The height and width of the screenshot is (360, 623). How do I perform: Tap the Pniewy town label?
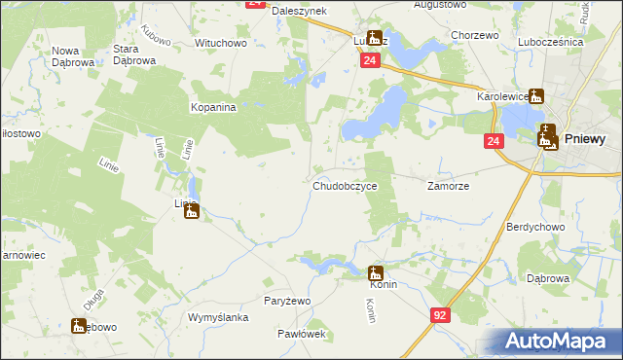[x=584, y=139]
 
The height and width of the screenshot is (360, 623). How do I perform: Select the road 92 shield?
[x=441, y=315]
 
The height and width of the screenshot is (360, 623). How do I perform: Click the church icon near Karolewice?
[x=535, y=96]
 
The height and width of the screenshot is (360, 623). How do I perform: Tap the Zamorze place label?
[x=449, y=185]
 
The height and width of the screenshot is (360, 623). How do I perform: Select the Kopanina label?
[x=213, y=108]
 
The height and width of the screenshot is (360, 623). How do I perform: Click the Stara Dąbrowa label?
[x=134, y=54]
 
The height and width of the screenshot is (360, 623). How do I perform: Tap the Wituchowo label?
[x=221, y=44]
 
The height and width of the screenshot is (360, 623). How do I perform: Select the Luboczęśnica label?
[x=577, y=43]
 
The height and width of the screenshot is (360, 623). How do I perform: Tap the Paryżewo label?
[x=287, y=301]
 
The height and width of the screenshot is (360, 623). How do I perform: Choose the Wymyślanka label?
[x=219, y=318]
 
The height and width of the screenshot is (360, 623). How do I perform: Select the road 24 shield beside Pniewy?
[x=494, y=142]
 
